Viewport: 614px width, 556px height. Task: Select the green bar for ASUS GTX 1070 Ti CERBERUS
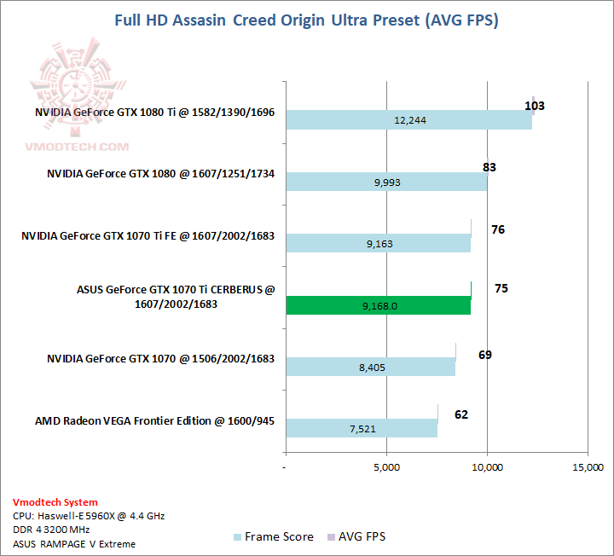pos(378,305)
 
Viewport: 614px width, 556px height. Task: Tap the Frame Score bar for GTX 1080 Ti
pos(408,120)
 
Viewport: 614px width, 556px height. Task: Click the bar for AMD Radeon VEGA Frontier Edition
pos(361,429)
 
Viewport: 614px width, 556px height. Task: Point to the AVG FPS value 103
pos(535,106)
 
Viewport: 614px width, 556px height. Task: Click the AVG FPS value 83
pos(489,167)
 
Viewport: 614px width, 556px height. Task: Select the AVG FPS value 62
pos(461,414)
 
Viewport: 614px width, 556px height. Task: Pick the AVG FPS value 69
pos(484,354)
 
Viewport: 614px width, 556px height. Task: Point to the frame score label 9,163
pos(378,244)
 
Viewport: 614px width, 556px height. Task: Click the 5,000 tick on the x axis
pos(386,467)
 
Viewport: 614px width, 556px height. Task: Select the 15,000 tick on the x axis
pos(588,467)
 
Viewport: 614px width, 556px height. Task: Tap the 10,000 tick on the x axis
pos(487,467)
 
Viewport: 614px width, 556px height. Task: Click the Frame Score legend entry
pos(273,536)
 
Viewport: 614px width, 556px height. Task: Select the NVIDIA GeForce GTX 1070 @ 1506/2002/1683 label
pos(160,359)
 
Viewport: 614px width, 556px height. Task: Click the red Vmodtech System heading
pos(55,502)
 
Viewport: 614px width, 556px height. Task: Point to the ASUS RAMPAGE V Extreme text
pos(74,543)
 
